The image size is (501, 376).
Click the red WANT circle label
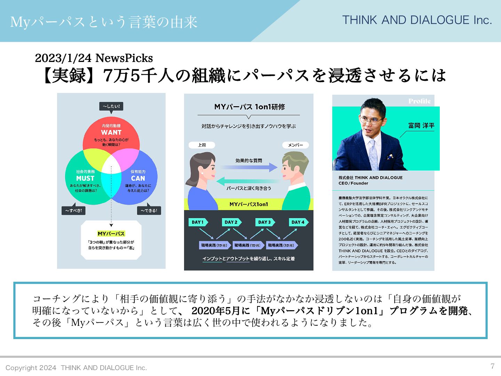[111, 132]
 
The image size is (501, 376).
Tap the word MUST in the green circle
[85, 178]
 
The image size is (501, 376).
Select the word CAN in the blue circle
[138, 178]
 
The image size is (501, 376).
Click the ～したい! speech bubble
[111, 106]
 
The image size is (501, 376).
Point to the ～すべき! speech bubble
[73, 210]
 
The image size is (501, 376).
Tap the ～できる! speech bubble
[149, 210]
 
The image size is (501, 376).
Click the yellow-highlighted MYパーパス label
[111, 234]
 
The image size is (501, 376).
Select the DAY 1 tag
[198, 222]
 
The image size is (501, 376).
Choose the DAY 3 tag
[265, 222]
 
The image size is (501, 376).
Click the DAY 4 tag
[298, 222]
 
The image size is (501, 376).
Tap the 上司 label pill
[202, 145]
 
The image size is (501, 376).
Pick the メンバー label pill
[295, 145]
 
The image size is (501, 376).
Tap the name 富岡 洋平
[421, 126]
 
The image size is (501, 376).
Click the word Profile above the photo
[420, 101]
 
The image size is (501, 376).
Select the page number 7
[492, 366]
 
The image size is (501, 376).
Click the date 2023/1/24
[63, 58]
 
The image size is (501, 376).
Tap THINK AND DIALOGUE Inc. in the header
[417, 20]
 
